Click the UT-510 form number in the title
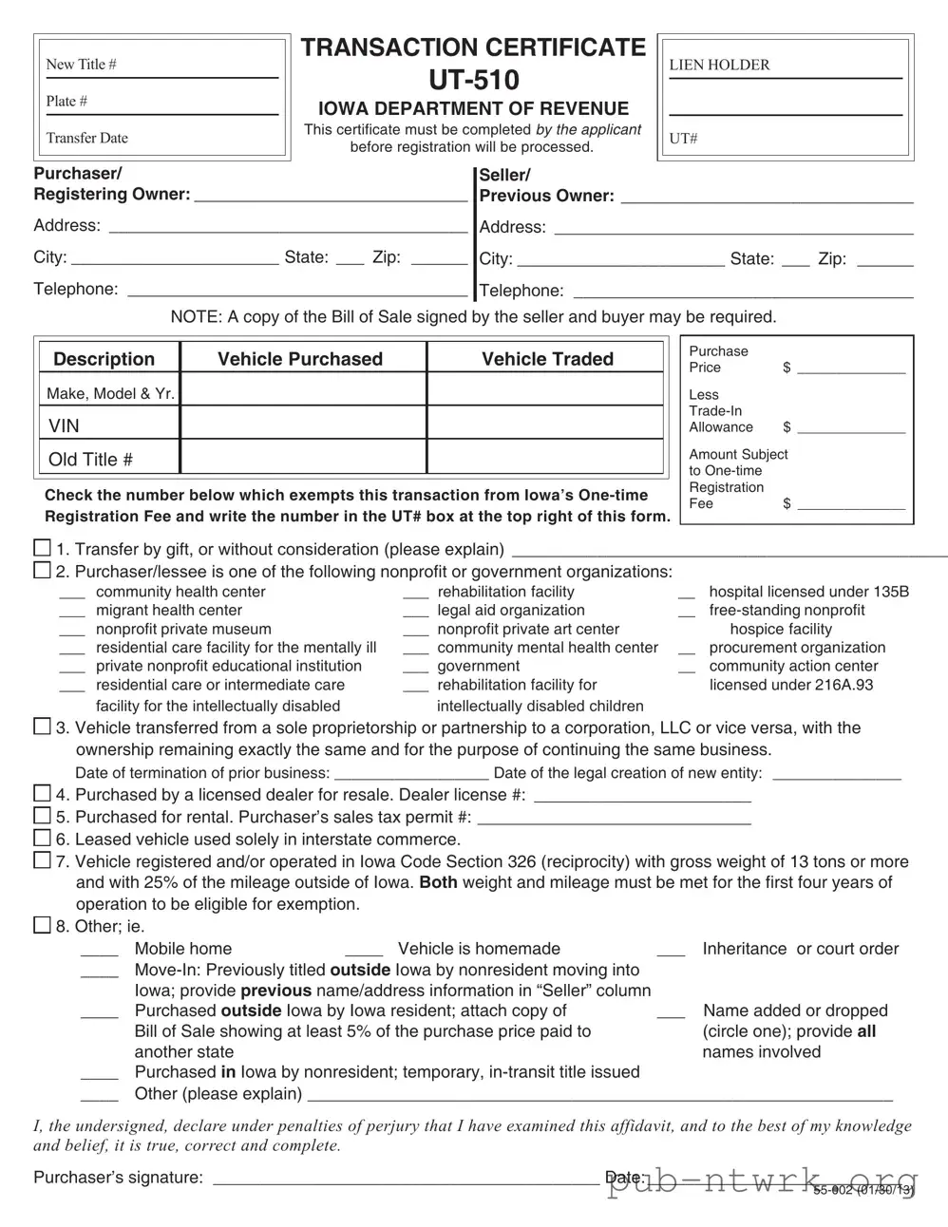click(x=473, y=80)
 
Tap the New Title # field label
click(x=81, y=65)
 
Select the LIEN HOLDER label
click(x=719, y=65)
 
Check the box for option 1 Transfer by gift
click(x=42, y=548)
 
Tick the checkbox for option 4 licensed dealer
click(x=42, y=793)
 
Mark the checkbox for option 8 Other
click(x=42, y=924)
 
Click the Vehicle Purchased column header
click(x=300, y=359)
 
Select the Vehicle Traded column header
click(x=547, y=359)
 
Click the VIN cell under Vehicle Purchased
click(x=302, y=425)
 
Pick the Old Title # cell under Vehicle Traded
click(x=545, y=458)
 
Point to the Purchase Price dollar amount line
click(x=851, y=368)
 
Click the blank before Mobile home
click(x=99, y=950)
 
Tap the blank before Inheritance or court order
click(x=671, y=950)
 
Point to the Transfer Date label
click(x=86, y=138)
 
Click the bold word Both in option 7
click(x=438, y=882)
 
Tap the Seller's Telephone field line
click(x=743, y=293)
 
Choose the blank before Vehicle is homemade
click(x=364, y=950)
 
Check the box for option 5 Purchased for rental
click(x=42, y=816)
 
